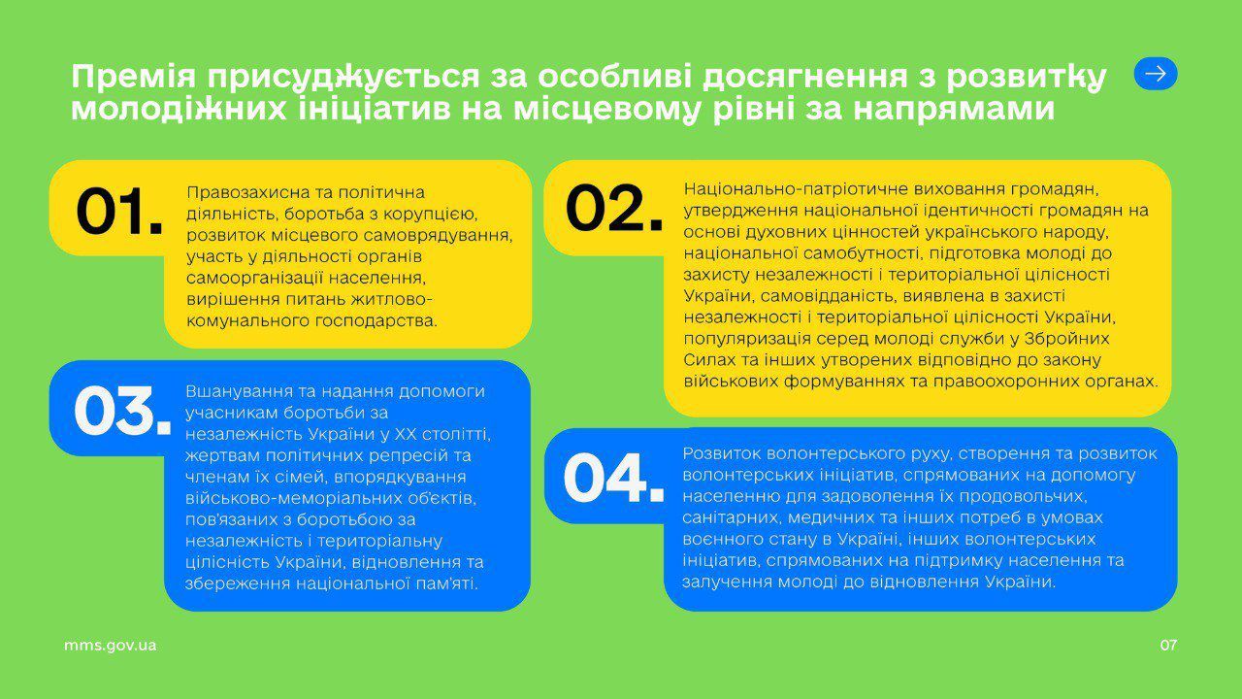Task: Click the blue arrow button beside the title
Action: tap(1156, 74)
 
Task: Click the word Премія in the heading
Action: tap(133, 77)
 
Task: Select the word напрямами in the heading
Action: tap(954, 110)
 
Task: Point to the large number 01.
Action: tap(118, 212)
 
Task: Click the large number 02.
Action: tap(614, 208)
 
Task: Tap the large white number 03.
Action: tap(122, 410)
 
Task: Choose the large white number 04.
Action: tap(613, 479)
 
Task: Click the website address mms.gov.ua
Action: tap(110, 646)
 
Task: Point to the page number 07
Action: tap(1168, 646)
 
